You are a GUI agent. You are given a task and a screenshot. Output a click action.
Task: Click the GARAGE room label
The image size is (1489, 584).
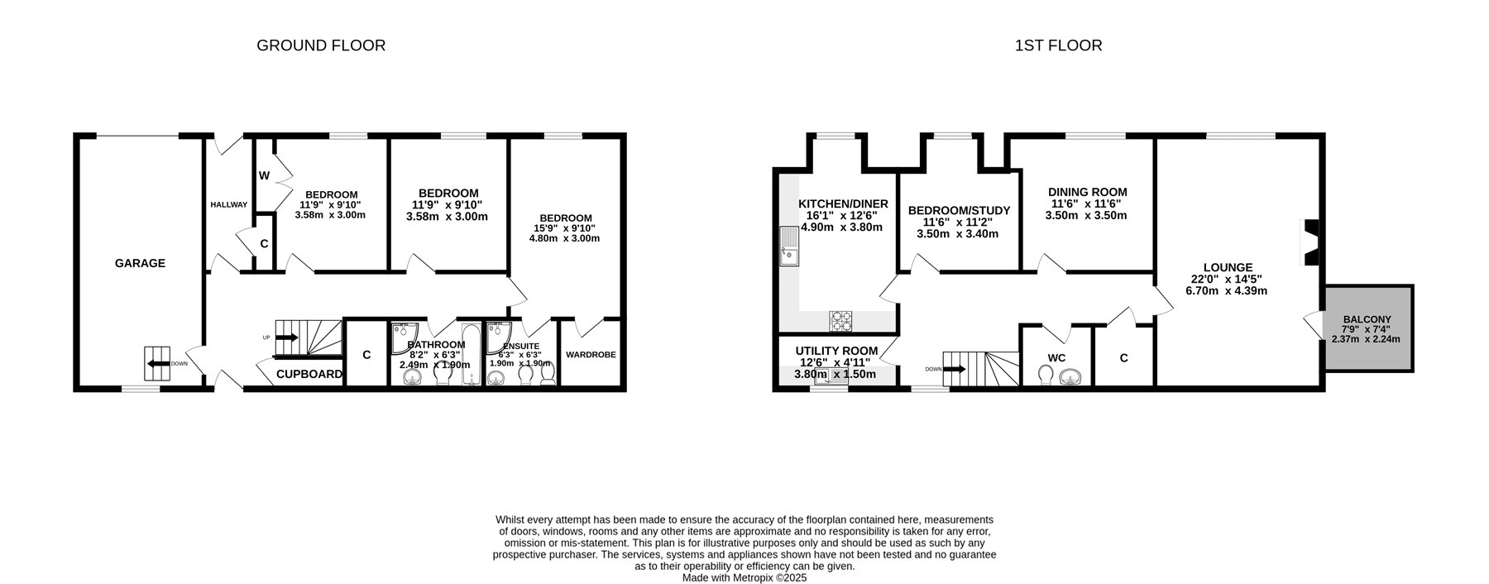[140, 263]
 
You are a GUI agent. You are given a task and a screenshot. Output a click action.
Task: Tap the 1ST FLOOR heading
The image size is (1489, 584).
[1058, 45]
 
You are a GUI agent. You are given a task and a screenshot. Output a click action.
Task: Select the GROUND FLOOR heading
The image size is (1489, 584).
[321, 45]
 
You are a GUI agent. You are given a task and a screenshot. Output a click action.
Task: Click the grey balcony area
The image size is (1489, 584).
[1367, 328]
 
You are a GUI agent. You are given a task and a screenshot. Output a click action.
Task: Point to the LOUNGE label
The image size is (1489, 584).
[1228, 267]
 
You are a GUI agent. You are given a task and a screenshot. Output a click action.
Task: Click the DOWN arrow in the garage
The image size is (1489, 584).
[157, 362]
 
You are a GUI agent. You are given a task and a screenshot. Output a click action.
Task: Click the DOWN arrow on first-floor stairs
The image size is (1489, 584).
[954, 369]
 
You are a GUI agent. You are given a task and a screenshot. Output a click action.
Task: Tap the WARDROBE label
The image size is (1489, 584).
[591, 355]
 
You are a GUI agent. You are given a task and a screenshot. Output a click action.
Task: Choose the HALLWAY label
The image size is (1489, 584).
[228, 204]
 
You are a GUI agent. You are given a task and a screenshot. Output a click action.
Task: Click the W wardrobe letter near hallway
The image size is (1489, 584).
[265, 175]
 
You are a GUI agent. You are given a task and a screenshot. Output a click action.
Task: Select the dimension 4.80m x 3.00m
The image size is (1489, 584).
[564, 238]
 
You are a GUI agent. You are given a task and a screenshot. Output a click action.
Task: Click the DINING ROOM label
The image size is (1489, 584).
[1088, 192]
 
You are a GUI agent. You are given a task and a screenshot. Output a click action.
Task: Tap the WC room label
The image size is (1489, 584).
[1056, 358]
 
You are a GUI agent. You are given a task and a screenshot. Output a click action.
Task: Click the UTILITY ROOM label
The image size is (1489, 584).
[836, 351]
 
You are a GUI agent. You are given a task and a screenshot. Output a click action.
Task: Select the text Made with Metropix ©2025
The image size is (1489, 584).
[744, 578]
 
